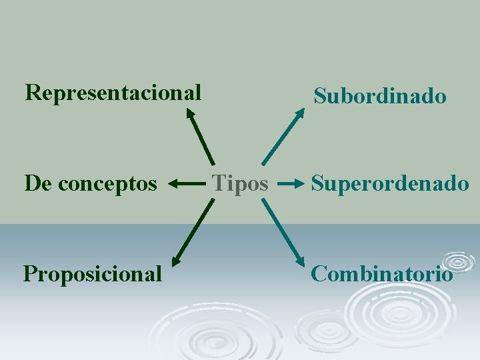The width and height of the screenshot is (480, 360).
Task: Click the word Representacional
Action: [x=113, y=93]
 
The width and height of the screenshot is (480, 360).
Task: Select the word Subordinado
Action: [x=380, y=96]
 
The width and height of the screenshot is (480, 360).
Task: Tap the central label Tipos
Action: [x=240, y=183]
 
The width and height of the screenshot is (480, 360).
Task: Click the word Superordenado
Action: [x=390, y=183]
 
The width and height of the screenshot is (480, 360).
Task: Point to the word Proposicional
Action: [x=93, y=273]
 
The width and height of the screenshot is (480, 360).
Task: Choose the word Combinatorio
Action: [x=382, y=273]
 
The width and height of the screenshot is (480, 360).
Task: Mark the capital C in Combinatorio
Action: [x=319, y=273]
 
